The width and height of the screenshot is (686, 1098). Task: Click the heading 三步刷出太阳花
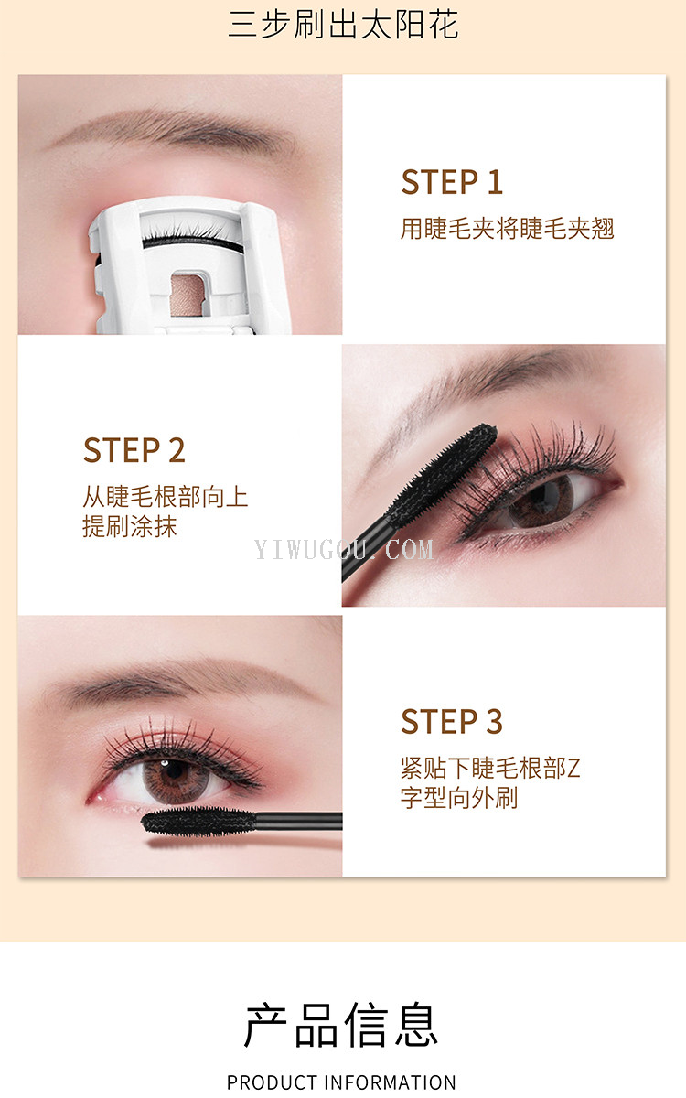343,25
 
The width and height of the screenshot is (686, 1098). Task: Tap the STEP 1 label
452,182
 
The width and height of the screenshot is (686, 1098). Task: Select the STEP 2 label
134,450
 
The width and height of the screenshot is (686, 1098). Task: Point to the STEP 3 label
452,721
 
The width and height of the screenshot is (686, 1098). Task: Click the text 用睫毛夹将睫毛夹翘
507,229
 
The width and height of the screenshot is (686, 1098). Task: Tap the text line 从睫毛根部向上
166,497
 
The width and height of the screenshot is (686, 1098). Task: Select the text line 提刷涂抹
130,527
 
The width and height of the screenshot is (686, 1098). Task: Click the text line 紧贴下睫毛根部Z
490,768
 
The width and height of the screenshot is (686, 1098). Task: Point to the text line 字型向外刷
459,798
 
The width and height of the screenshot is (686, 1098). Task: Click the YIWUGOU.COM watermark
344,550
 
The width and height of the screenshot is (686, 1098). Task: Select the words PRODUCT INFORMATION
341,1082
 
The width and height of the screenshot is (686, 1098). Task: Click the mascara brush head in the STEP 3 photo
198,821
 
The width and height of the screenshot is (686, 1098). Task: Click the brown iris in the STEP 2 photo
541,502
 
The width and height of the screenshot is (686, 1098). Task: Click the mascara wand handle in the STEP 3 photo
299,821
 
